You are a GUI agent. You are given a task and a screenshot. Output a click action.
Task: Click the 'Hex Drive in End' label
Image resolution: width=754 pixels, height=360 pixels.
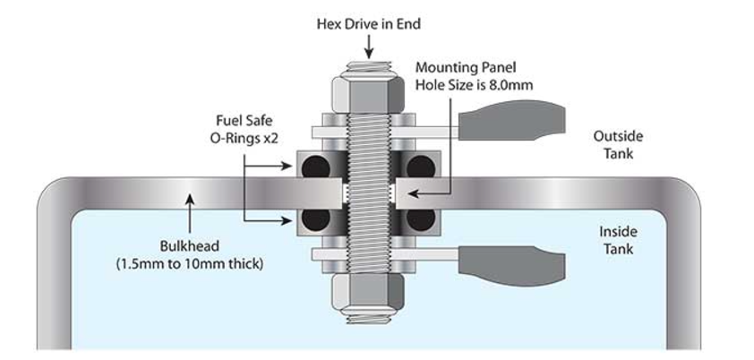368,24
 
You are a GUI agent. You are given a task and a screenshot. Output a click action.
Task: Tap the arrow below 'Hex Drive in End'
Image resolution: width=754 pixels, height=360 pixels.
368,53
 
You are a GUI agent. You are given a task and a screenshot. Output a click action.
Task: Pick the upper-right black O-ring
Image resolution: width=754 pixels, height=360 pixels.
421,168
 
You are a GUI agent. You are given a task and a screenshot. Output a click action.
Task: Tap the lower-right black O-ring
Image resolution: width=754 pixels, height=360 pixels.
421,219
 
